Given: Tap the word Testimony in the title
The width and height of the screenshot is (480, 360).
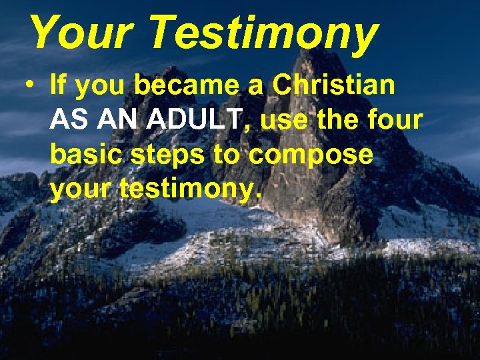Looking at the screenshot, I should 263,33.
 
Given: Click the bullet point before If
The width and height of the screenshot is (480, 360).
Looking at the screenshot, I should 27,87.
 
